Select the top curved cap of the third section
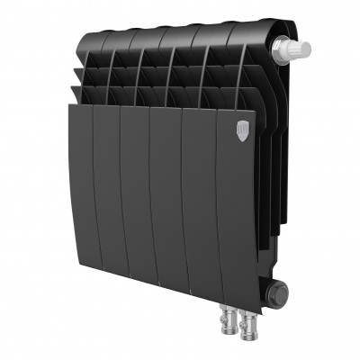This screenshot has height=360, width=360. coord(149,38)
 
